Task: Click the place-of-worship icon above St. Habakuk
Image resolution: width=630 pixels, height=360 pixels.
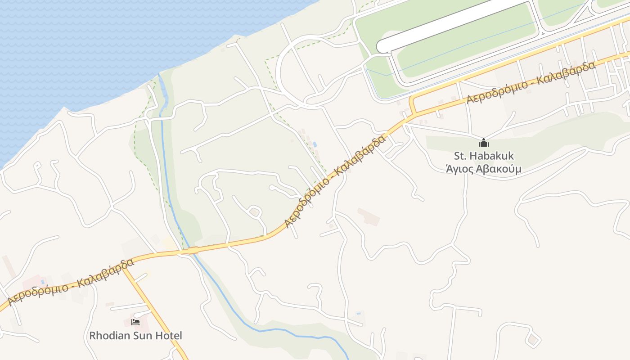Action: (x=484, y=143)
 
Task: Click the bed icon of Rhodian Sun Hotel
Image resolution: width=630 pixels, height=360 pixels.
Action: (x=135, y=322)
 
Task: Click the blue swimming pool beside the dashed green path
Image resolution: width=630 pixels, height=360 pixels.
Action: (x=315, y=144)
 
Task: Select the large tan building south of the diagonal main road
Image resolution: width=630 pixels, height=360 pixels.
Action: (x=369, y=217)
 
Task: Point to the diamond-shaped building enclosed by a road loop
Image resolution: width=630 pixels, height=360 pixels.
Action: (x=533, y=339)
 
